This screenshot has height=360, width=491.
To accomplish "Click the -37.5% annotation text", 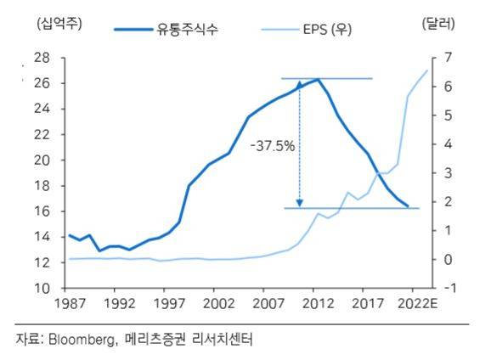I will pyautogui.click(x=272, y=146).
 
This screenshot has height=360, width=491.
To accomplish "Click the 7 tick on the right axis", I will pyautogui.click(x=436, y=59).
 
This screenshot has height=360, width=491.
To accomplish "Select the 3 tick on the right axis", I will pyautogui.click(x=436, y=173).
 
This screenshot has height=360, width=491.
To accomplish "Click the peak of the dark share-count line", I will pyautogui.click(x=318, y=80).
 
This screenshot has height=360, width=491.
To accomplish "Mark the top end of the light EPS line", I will pyautogui.click(x=426, y=70).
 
